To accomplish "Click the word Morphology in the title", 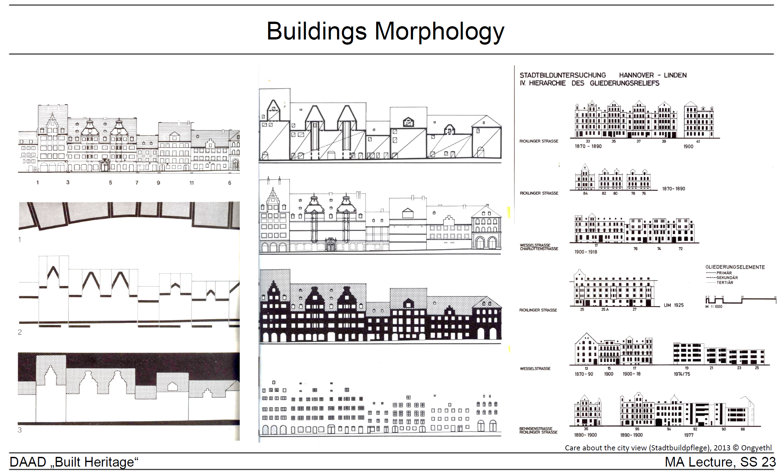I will (x=439, y=32).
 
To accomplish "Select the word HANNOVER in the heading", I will (x=636, y=75).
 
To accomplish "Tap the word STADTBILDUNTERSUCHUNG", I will (x=563, y=75).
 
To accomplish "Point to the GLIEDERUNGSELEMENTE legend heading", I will (x=735, y=267).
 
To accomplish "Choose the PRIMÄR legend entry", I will (x=724, y=273).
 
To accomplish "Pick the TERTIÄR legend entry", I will (x=725, y=282).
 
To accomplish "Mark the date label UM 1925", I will (x=674, y=305).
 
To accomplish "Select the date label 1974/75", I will (x=682, y=374).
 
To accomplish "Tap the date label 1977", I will (x=689, y=435).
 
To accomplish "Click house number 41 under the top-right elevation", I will (x=698, y=141).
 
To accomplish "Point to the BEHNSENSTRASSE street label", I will (x=536, y=428).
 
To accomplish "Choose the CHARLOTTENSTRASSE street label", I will (x=539, y=249).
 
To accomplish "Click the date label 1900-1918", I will (x=586, y=252).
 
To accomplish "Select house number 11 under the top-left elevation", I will (x=192, y=183).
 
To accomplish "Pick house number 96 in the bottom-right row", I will (x=637, y=429).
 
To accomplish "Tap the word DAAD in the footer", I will (x=28, y=462).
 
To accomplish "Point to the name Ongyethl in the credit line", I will (x=756, y=448).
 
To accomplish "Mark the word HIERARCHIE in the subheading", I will (x=547, y=83).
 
